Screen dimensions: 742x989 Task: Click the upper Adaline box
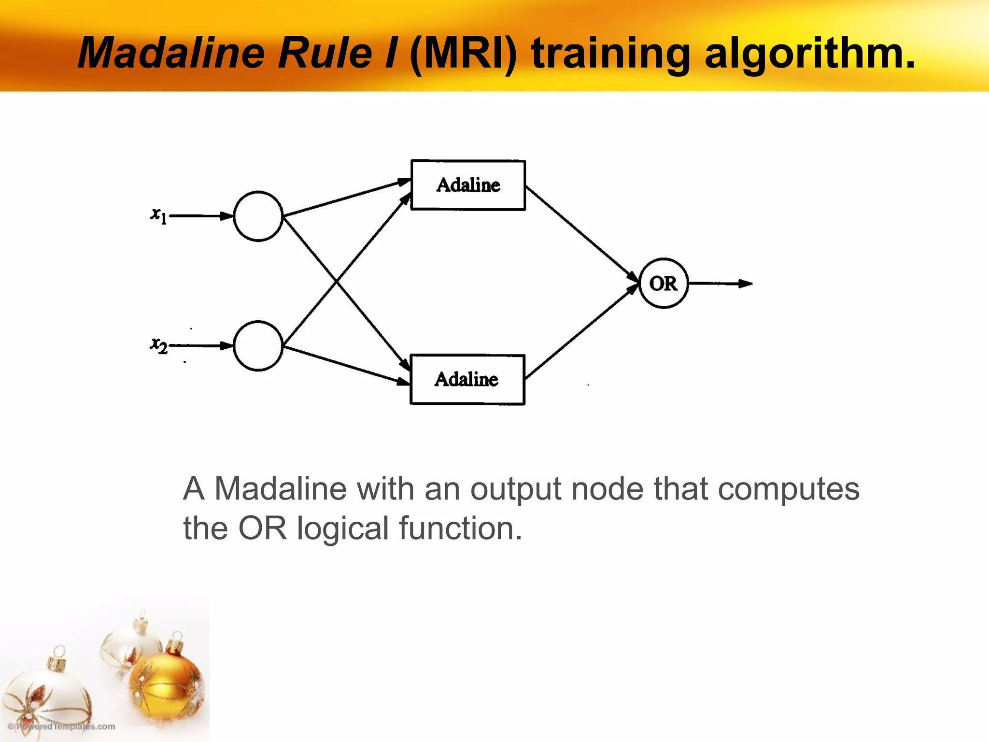(x=468, y=185)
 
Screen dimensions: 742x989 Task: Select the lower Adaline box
(x=467, y=380)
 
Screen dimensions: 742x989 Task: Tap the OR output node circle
(x=664, y=284)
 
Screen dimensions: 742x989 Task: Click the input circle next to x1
(x=258, y=216)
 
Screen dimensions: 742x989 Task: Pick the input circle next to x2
(x=258, y=346)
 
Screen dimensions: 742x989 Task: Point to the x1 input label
(x=158, y=215)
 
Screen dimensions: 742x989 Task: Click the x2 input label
(x=158, y=345)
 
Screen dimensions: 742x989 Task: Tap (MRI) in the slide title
(x=463, y=53)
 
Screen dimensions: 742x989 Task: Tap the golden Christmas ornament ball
(x=167, y=676)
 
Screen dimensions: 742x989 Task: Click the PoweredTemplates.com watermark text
(x=62, y=727)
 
